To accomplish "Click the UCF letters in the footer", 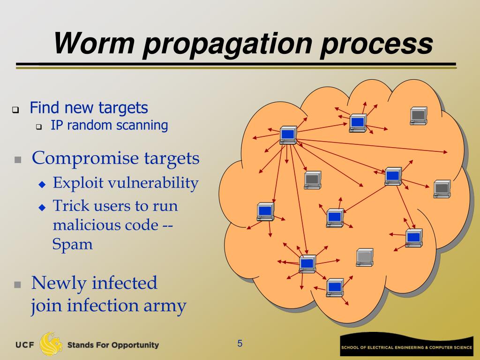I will (x=25, y=345).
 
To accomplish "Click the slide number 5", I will (x=240, y=344).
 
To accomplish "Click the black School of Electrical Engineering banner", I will (x=406, y=347).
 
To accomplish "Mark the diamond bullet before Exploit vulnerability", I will (x=42, y=184).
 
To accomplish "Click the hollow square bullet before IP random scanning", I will (x=39, y=127).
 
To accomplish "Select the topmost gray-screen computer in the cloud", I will (x=418, y=115).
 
